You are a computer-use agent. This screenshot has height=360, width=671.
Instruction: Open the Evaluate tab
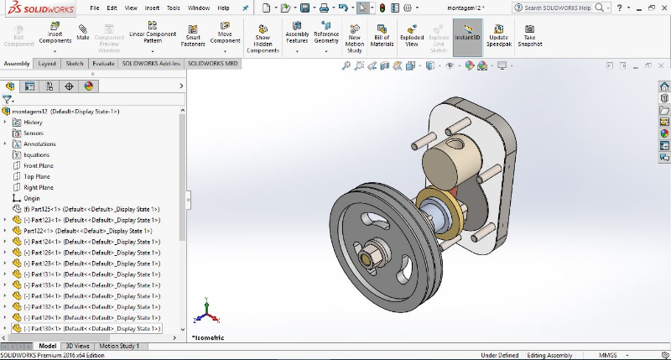click(103, 63)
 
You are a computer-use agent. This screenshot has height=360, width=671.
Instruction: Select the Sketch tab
click(75, 63)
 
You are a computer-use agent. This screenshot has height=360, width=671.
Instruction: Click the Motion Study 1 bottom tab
click(120, 346)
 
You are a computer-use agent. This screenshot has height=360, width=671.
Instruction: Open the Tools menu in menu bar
click(174, 8)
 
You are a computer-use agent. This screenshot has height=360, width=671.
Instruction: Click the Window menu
click(199, 8)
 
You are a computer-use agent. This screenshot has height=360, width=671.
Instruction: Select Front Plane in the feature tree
click(39, 165)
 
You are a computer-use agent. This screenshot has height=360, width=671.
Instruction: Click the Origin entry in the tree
click(32, 198)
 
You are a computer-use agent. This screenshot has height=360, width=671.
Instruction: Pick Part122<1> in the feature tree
click(42, 231)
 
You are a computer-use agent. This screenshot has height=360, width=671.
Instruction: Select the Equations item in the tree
click(36, 154)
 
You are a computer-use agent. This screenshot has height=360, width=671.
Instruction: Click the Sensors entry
click(34, 133)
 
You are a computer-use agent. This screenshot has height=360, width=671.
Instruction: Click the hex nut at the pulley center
click(372, 253)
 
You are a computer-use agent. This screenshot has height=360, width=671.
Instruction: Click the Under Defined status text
click(499, 355)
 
